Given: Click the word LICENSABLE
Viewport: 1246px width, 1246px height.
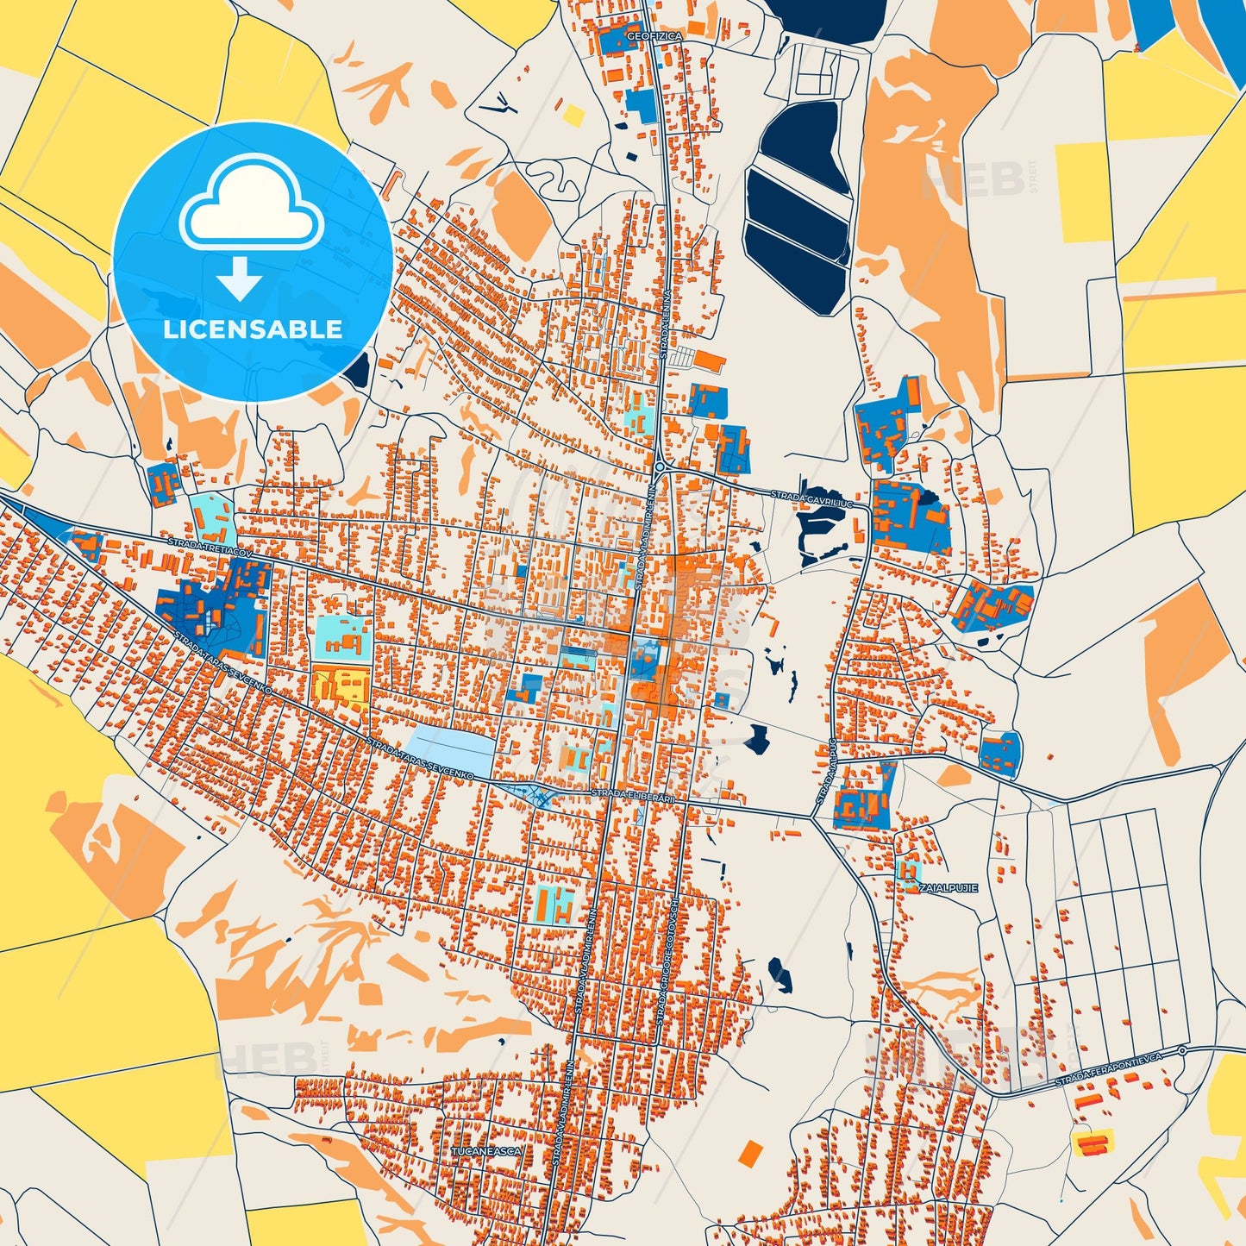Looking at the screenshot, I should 252,329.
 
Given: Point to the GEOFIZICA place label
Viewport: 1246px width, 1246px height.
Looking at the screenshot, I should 654,36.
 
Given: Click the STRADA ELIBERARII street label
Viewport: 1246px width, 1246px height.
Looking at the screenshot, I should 634,795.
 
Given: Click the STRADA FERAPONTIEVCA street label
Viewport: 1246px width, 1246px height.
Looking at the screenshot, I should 1109,1068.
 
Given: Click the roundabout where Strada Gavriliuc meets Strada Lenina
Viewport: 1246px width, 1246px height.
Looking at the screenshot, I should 660,466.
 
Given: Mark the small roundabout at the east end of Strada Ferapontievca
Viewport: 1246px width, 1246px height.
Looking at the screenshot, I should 1182,1050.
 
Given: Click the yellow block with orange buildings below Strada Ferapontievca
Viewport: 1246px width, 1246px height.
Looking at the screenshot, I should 1092,1143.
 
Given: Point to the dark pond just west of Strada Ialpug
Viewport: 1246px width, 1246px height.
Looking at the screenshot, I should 758,738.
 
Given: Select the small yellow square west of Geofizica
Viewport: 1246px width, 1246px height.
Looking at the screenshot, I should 573,115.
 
